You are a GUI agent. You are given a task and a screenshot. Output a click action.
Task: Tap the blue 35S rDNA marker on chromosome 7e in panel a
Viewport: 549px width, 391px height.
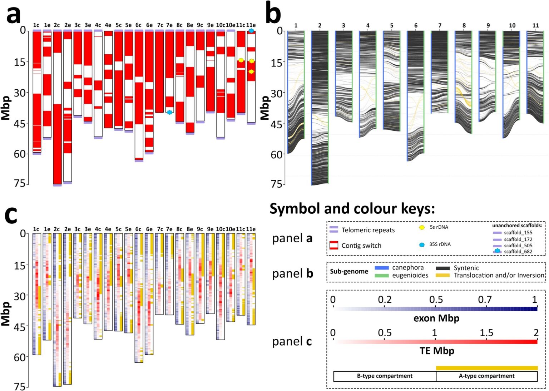(169, 112)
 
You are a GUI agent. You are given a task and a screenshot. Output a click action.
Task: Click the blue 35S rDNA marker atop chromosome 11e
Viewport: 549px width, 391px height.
(251, 31)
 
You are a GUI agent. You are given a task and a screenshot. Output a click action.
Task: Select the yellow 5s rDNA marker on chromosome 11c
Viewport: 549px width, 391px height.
(241, 60)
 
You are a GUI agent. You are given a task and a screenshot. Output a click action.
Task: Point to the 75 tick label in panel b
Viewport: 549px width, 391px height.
(277, 184)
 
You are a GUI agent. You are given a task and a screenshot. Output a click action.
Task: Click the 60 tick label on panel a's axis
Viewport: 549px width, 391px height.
(20, 154)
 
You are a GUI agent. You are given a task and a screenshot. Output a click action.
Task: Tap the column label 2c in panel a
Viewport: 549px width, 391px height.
(57, 25)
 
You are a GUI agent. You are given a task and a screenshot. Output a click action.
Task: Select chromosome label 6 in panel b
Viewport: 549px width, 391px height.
(416, 25)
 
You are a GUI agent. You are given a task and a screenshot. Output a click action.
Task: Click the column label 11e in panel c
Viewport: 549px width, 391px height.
(251, 229)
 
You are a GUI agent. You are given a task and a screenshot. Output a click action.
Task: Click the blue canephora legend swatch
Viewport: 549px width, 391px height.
(381, 268)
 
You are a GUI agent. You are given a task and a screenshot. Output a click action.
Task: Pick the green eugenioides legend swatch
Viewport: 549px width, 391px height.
(381, 275)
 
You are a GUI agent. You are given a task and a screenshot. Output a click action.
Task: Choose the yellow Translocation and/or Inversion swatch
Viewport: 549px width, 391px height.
(442, 275)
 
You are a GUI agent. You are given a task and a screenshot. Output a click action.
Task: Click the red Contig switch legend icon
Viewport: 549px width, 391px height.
(333, 245)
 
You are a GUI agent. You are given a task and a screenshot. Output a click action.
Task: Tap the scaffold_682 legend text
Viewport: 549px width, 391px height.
(518, 252)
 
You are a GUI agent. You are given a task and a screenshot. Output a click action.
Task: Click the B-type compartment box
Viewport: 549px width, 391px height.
(385, 376)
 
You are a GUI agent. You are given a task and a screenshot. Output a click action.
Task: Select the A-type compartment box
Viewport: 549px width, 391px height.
(486, 376)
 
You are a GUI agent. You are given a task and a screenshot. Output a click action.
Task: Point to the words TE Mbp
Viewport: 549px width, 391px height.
(437, 351)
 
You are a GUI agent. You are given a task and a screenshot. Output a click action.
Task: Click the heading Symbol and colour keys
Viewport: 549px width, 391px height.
(352, 209)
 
